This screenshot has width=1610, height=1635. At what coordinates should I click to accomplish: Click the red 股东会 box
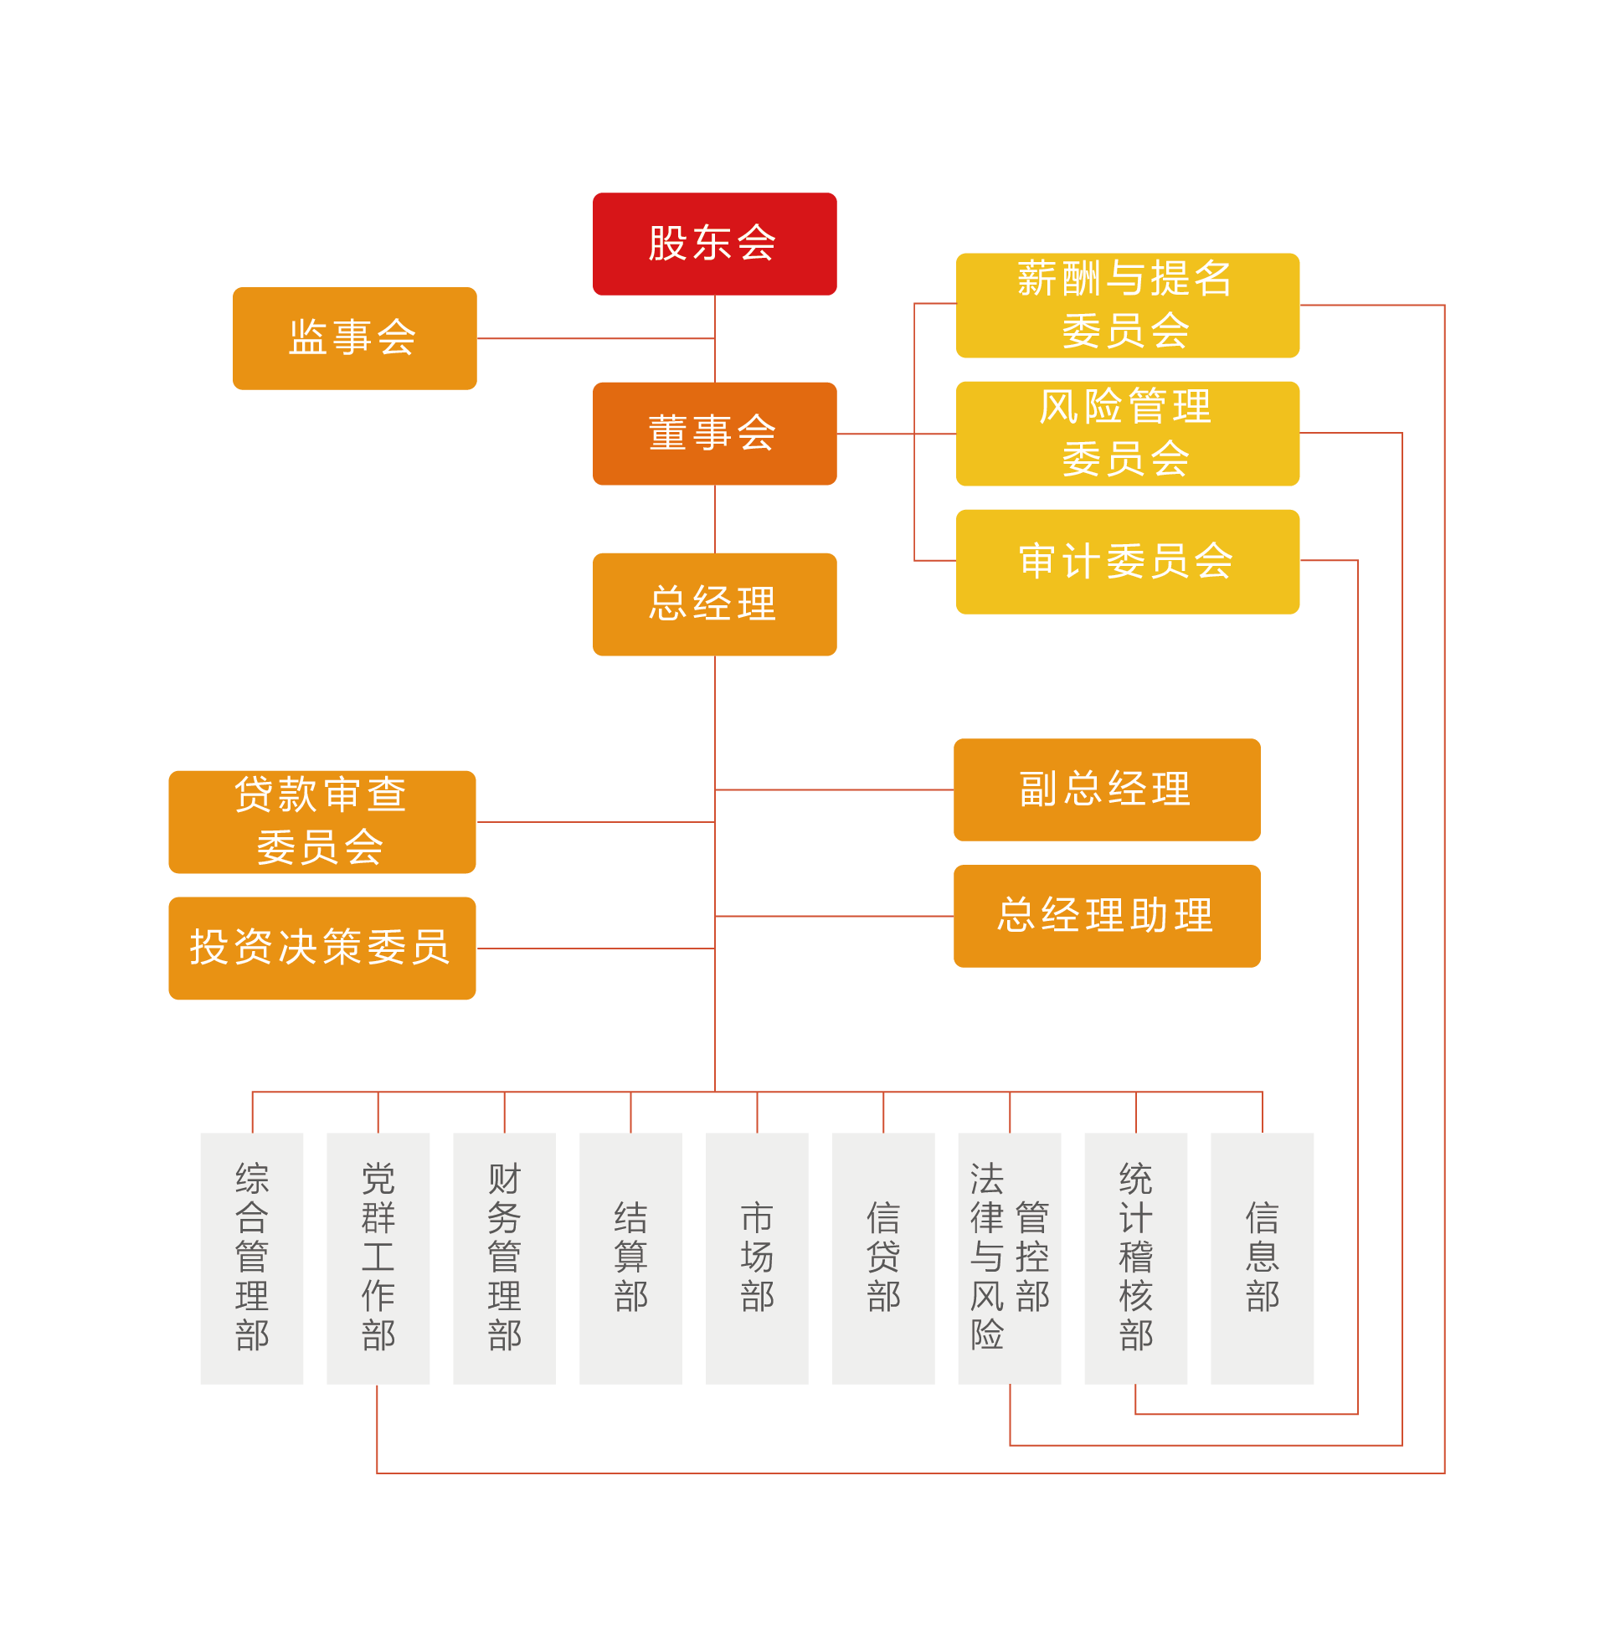tap(714, 244)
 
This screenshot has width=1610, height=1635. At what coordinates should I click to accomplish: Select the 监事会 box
tap(354, 338)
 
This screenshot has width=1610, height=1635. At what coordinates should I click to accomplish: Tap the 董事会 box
tap(714, 433)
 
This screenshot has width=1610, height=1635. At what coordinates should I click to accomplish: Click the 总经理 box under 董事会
tap(714, 604)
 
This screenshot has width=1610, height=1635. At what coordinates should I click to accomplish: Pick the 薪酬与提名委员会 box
tap(1127, 306)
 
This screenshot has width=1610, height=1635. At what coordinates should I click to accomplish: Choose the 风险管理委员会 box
tap(1127, 433)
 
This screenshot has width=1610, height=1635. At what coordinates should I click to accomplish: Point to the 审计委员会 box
tap(1127, 562)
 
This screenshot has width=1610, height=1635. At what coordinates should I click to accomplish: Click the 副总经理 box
tap(1107, 789)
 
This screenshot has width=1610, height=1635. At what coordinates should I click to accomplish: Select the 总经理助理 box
tap(1107, 916)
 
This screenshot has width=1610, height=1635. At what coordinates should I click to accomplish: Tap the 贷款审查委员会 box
tap(322, 822)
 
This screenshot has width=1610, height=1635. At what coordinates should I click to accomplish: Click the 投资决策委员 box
tap(322, 948)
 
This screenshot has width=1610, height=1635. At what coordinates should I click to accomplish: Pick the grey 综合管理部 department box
tap(252, 1258)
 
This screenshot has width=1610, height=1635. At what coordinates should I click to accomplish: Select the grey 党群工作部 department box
tap(378, 1258)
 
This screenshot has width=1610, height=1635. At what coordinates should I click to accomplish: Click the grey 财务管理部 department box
tap(505, 1258)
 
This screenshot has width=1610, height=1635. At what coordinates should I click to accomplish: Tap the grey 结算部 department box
tap(630, 1258)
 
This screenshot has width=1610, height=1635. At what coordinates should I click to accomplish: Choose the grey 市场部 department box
tap(757, 1258)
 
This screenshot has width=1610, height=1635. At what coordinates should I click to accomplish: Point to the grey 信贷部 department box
tap(883, 1258)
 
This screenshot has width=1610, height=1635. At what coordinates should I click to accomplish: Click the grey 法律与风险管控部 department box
tap(1010, 1258)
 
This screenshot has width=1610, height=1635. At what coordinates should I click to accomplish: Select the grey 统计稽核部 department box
tap(1135, 1258)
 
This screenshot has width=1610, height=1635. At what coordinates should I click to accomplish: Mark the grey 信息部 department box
tap(1263, 1258)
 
